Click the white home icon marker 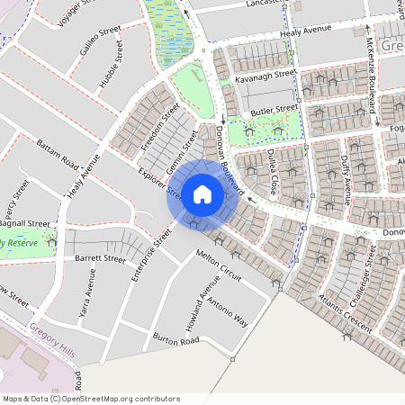pyautogui.click(x=202, y=193)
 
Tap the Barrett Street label pyautogui.click(x=101, y=258)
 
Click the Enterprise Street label pyautogui.click(x=150, y=255)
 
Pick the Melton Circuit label pyautogui.click(x=219, y=267)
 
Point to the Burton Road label pyautogui.click(x=175, y=341)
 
